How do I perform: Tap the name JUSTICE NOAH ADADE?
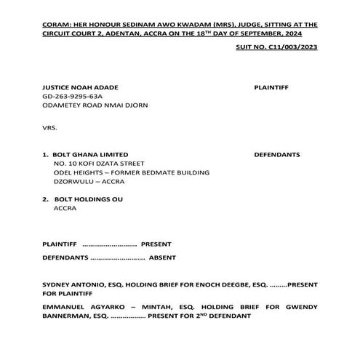[75, 87]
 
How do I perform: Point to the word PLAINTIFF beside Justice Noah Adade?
[271, 87]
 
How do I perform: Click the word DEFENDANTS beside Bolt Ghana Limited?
[276, 155]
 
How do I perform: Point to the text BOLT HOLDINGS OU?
[88, 199]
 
